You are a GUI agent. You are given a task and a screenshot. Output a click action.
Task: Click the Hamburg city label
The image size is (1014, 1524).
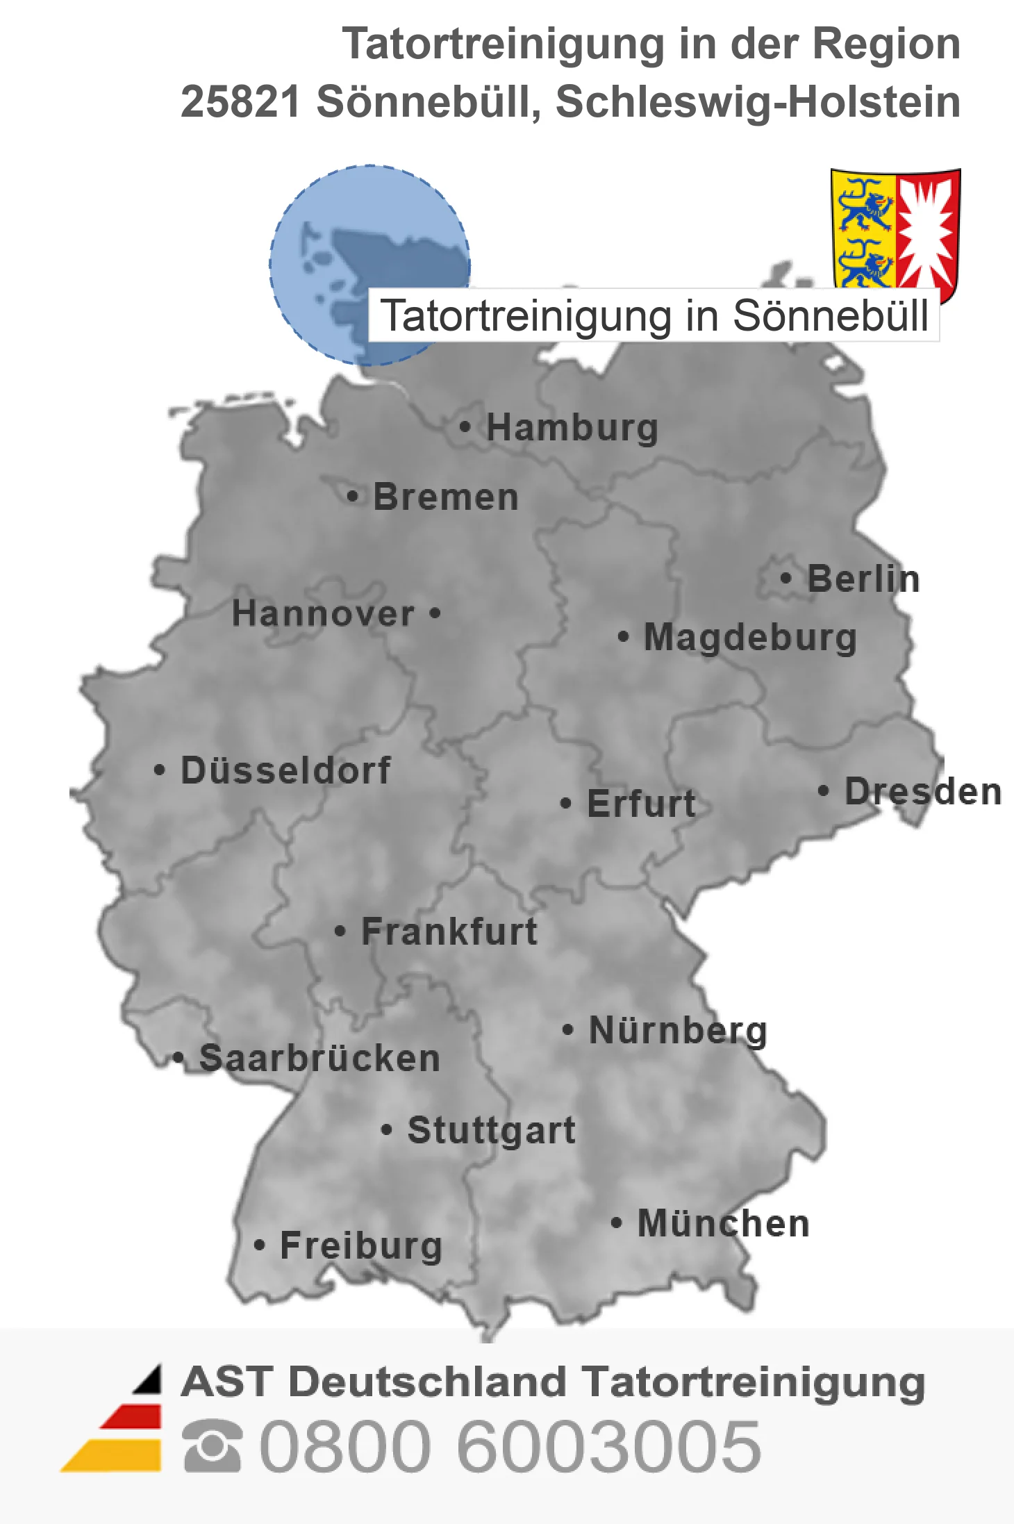pyautogui.click(x=572, y=427)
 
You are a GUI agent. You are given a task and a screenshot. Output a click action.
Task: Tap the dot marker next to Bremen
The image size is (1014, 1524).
pyautogui.click(x=353, y=496)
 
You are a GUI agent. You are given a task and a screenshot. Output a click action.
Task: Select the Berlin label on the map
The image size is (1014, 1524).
pyautogui.click(x=863, y=579)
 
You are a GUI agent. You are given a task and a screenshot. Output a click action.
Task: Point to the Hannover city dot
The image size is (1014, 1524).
pyautogui.click(x=435, y=613)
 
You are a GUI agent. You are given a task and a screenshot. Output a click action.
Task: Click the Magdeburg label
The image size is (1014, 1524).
pyautogui.click(x=750, y=637)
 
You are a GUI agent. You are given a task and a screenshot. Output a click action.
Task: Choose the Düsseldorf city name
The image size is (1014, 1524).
pyautogui.click(x=285, y=770)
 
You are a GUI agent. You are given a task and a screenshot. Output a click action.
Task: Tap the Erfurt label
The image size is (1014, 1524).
pyautogui.click(x=641, y=804)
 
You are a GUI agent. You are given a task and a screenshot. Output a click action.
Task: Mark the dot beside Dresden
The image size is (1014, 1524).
pyautogui.click(x=823, y=790)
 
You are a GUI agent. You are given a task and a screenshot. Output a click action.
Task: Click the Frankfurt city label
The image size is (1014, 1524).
pyautogui.click(x=449, y=931)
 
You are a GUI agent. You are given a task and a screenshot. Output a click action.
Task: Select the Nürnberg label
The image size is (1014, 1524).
pyautogui.click(x=678, y=1030)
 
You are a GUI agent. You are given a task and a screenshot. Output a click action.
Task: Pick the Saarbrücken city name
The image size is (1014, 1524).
pyautogui.click(x=319, y=1059)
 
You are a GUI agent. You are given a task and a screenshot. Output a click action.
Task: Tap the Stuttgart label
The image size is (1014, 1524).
pyautogui.click(x=491, y=1130)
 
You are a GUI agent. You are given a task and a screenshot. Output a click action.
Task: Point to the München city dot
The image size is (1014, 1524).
pyautogui.click(x=616, y=1223)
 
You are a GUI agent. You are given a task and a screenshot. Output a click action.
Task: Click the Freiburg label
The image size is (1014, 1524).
pyautogui.click(x=361, y=1245)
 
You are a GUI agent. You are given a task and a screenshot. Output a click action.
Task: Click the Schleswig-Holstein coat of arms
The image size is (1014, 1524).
pyautogui.click(x=895, y=229)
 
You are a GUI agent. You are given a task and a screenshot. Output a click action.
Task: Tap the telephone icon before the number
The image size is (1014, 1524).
pyautogui.click(x=213, y=1446)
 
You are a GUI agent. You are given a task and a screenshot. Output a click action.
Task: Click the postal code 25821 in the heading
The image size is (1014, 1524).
pyautogui.click(x=240, y=101)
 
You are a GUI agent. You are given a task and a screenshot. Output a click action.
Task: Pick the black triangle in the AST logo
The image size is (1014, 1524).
pyautogui.click(x=149, y=1380)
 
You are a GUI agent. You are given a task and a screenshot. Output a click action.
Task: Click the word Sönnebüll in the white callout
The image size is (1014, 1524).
pyautogui.click(x=831, y=316)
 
